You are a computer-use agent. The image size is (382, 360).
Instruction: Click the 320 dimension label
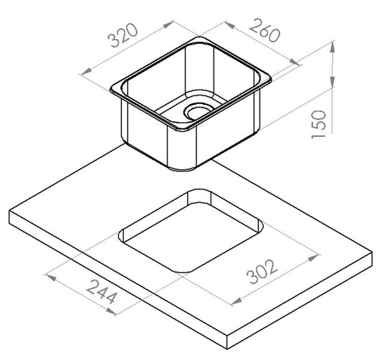123,35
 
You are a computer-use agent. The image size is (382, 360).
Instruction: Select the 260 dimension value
264,30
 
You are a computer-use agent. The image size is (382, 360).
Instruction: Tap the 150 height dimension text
319,124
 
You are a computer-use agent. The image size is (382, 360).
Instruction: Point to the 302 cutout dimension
262,272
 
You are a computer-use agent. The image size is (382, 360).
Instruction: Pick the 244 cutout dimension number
102,292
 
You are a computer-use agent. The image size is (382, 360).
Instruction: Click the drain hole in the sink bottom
197,112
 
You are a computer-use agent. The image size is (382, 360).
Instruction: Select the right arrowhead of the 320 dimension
168,24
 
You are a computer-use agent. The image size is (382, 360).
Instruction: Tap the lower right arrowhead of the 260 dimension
295,62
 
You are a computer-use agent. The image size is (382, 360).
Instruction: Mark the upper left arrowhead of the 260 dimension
229,24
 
